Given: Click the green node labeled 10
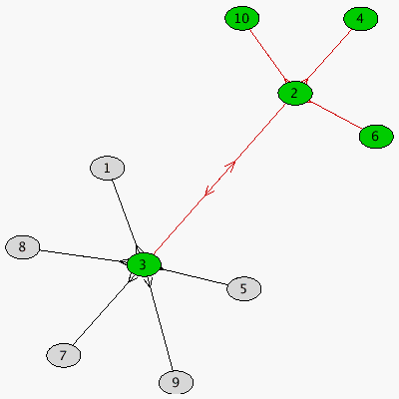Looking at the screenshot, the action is (241, 19).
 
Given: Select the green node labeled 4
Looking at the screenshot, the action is (360, 19).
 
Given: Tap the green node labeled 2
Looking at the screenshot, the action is (295, 93).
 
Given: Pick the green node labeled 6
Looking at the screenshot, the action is (376, 137).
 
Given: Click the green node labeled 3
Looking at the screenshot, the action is (144, 264).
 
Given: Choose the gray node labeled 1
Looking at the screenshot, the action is (107, 168).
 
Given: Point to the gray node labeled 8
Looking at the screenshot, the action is (22, 247).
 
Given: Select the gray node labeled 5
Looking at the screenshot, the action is (243, 288).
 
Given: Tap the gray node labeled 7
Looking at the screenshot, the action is (63, 355).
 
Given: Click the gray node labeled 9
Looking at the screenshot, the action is (176, 382).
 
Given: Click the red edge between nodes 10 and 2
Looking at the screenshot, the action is (268, 56).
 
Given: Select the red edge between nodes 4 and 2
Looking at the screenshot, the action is (327, 56).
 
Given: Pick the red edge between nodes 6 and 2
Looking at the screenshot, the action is (335, 115).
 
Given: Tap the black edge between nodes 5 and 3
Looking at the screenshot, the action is (195, 276).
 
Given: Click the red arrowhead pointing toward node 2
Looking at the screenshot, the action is (230, 166).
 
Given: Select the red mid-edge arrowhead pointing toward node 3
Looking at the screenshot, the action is (209, 191).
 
